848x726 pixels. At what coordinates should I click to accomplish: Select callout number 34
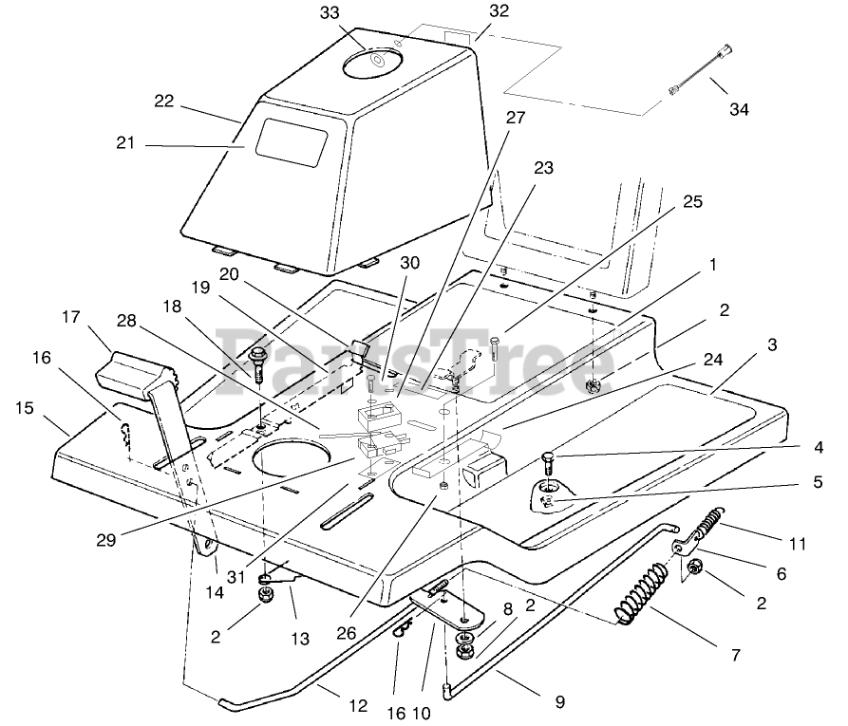739,109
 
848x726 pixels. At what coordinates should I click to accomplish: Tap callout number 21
126,143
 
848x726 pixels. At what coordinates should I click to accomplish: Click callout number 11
797,544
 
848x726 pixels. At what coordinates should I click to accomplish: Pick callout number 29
106,540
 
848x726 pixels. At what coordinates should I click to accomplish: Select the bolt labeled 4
549,464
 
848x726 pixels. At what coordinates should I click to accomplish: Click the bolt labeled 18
257,363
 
